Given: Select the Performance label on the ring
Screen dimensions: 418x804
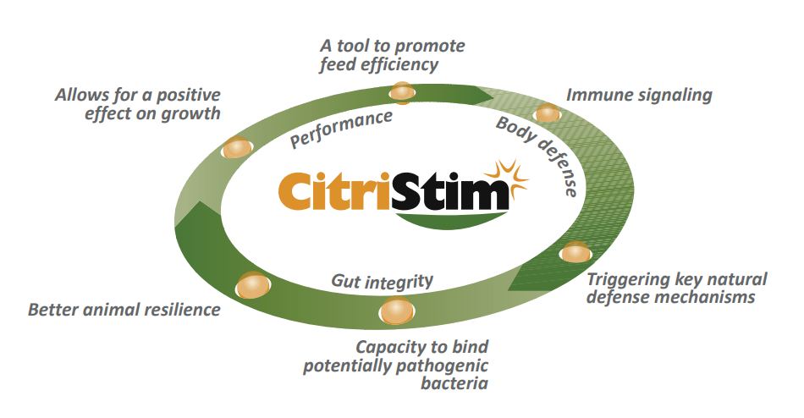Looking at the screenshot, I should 341,129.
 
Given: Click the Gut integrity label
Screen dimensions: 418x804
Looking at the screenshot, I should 382,281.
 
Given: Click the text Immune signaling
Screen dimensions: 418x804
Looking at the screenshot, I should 638,95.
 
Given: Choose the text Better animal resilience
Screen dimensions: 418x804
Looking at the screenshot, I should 124,310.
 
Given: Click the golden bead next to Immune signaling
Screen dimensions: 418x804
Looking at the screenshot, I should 548,113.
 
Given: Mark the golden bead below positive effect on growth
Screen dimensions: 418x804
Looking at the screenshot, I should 237,149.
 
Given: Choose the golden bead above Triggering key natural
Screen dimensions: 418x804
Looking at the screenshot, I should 575,252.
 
